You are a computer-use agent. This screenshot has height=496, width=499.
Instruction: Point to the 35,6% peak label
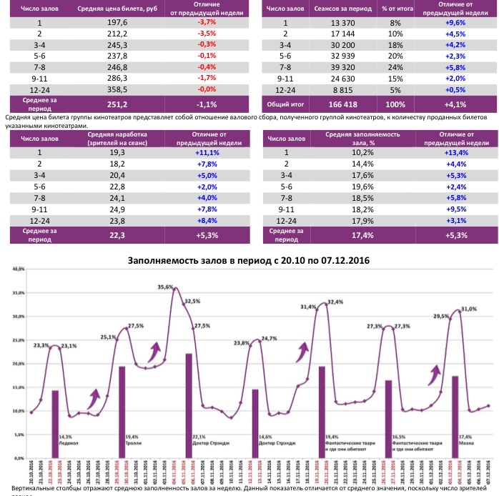click(165, 287)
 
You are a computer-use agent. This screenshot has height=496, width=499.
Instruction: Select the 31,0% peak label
click(469, 309)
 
